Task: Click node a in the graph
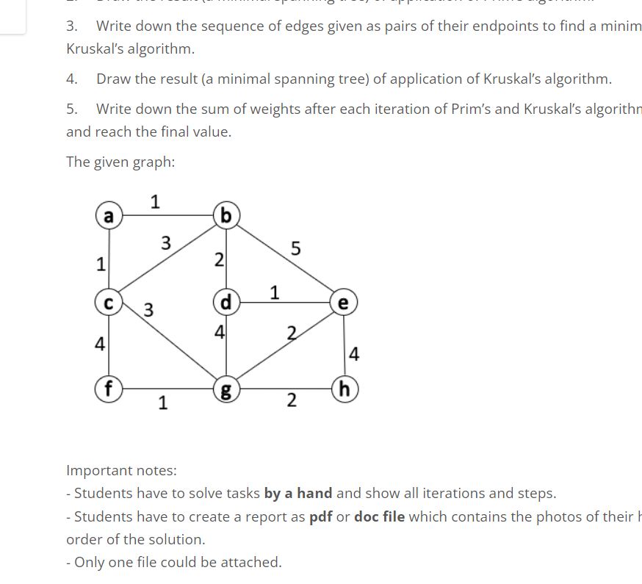click(109, 216)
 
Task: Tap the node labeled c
click(109, 301)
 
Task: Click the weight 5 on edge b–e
click(295, 249)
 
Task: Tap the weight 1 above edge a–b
click(155, 200)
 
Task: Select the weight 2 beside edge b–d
click(217, 259)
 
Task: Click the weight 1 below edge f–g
click(162, 402)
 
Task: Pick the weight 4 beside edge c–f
click(100, 342)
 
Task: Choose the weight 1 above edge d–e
click(274, 292)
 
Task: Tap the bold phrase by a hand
click(297, 493)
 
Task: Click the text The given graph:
click(120, 162)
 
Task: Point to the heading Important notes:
click(121, 470)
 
